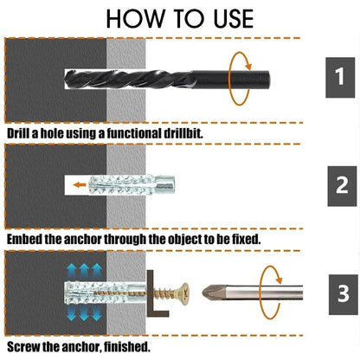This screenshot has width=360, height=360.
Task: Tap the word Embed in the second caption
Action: tap(25, 238)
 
